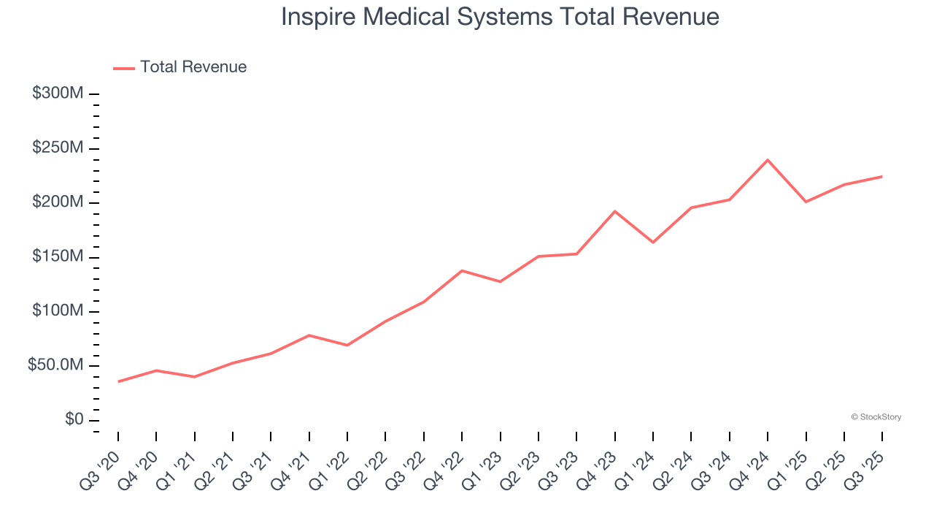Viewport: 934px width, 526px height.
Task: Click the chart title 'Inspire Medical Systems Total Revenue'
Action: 500,17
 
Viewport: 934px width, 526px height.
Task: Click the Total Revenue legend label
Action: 193,67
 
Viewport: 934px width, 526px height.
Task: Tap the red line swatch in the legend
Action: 125,68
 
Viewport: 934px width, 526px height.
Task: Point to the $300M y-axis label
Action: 58,94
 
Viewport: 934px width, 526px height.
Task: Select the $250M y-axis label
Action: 58,148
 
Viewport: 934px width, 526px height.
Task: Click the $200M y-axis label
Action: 58,202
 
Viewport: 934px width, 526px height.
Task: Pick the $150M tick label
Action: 58,257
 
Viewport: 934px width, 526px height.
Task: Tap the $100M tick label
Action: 58,311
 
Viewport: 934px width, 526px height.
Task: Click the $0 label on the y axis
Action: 74,420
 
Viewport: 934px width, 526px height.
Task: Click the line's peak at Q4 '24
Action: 768,159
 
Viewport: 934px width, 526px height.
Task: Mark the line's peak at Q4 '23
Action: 615,211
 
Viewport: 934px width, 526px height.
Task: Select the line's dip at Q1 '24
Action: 653,243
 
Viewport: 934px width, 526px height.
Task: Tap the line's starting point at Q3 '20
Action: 118,381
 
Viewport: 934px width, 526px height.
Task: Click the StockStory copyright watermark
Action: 876,417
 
